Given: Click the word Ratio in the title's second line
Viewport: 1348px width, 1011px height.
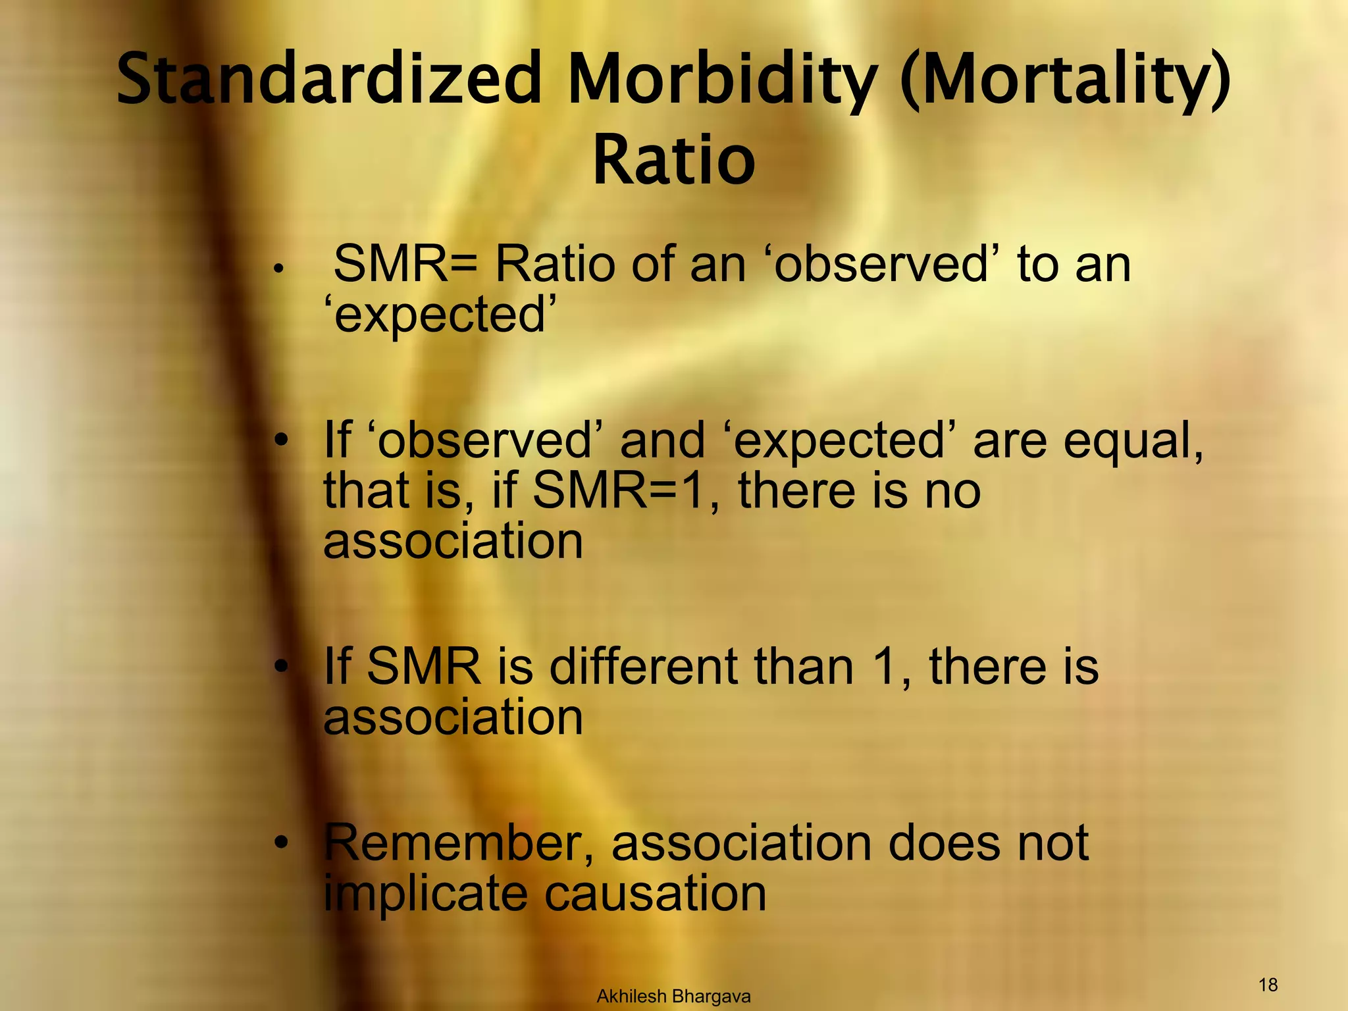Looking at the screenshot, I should [x=673, y=160].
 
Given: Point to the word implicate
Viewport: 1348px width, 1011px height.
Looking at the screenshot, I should [x=425, y=893].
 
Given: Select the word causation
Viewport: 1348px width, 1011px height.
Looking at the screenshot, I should [x=656, y=893].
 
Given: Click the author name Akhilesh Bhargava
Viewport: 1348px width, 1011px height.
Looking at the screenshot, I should [x=673, y=997].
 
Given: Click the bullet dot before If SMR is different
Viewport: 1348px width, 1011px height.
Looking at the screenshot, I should [x=282, y=667].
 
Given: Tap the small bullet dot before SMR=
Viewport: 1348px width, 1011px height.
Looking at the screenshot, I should [x=279, y=269].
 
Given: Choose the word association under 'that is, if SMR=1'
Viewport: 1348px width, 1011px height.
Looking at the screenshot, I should [x=453, y=541].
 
